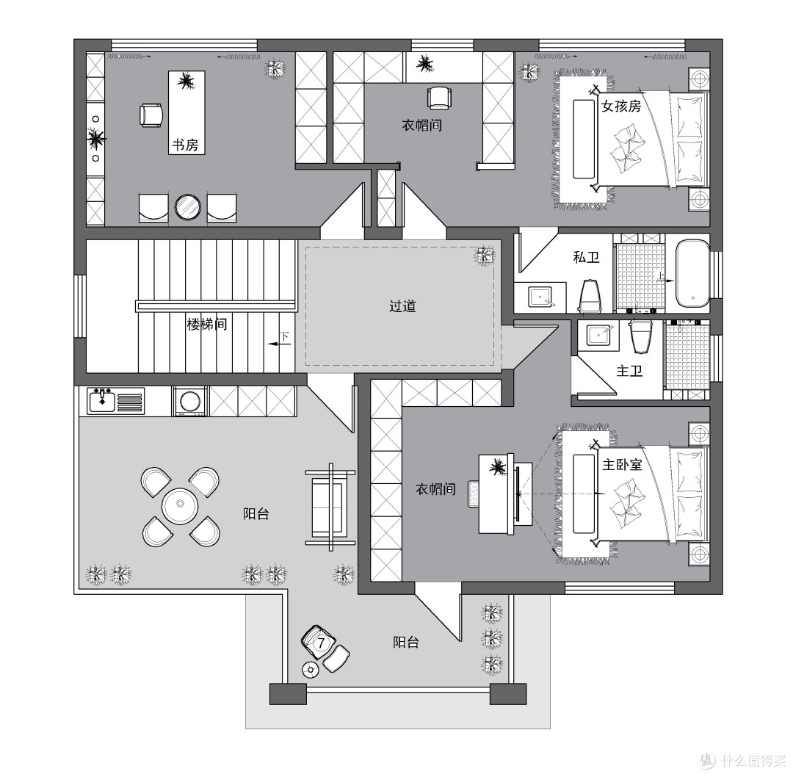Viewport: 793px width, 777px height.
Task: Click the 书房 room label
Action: tap(185, 145)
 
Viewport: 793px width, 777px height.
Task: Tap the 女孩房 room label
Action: tap(621, 106)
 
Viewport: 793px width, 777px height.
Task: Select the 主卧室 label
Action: tap(622, 464)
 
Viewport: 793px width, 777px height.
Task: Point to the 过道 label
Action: tap(402, 306)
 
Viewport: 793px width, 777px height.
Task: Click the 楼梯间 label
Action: tap(207, 324)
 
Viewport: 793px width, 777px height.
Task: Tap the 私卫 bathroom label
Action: tap(586, 257)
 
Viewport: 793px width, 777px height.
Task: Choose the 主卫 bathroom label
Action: tap(630, 372)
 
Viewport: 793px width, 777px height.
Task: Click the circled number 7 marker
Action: tap(321, 643)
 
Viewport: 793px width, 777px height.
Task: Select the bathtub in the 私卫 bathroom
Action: tap(692, 273)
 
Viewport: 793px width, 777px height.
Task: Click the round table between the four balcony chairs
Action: tap(180, 505)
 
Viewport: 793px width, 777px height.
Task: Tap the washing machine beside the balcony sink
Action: tap(189, 402)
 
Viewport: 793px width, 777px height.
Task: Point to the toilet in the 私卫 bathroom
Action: tap(590, 296)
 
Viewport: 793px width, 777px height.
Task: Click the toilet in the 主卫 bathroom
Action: tap(641, 336)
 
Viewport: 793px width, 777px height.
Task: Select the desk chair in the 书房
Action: tap(151, 115)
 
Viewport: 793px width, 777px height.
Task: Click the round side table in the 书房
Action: tap(188, 207)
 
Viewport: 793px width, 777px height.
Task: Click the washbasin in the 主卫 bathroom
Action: tap(601, 335)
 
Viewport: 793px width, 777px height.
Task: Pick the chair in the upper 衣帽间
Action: tap(438, 98)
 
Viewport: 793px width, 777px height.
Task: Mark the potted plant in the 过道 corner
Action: tap(484, 256)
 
